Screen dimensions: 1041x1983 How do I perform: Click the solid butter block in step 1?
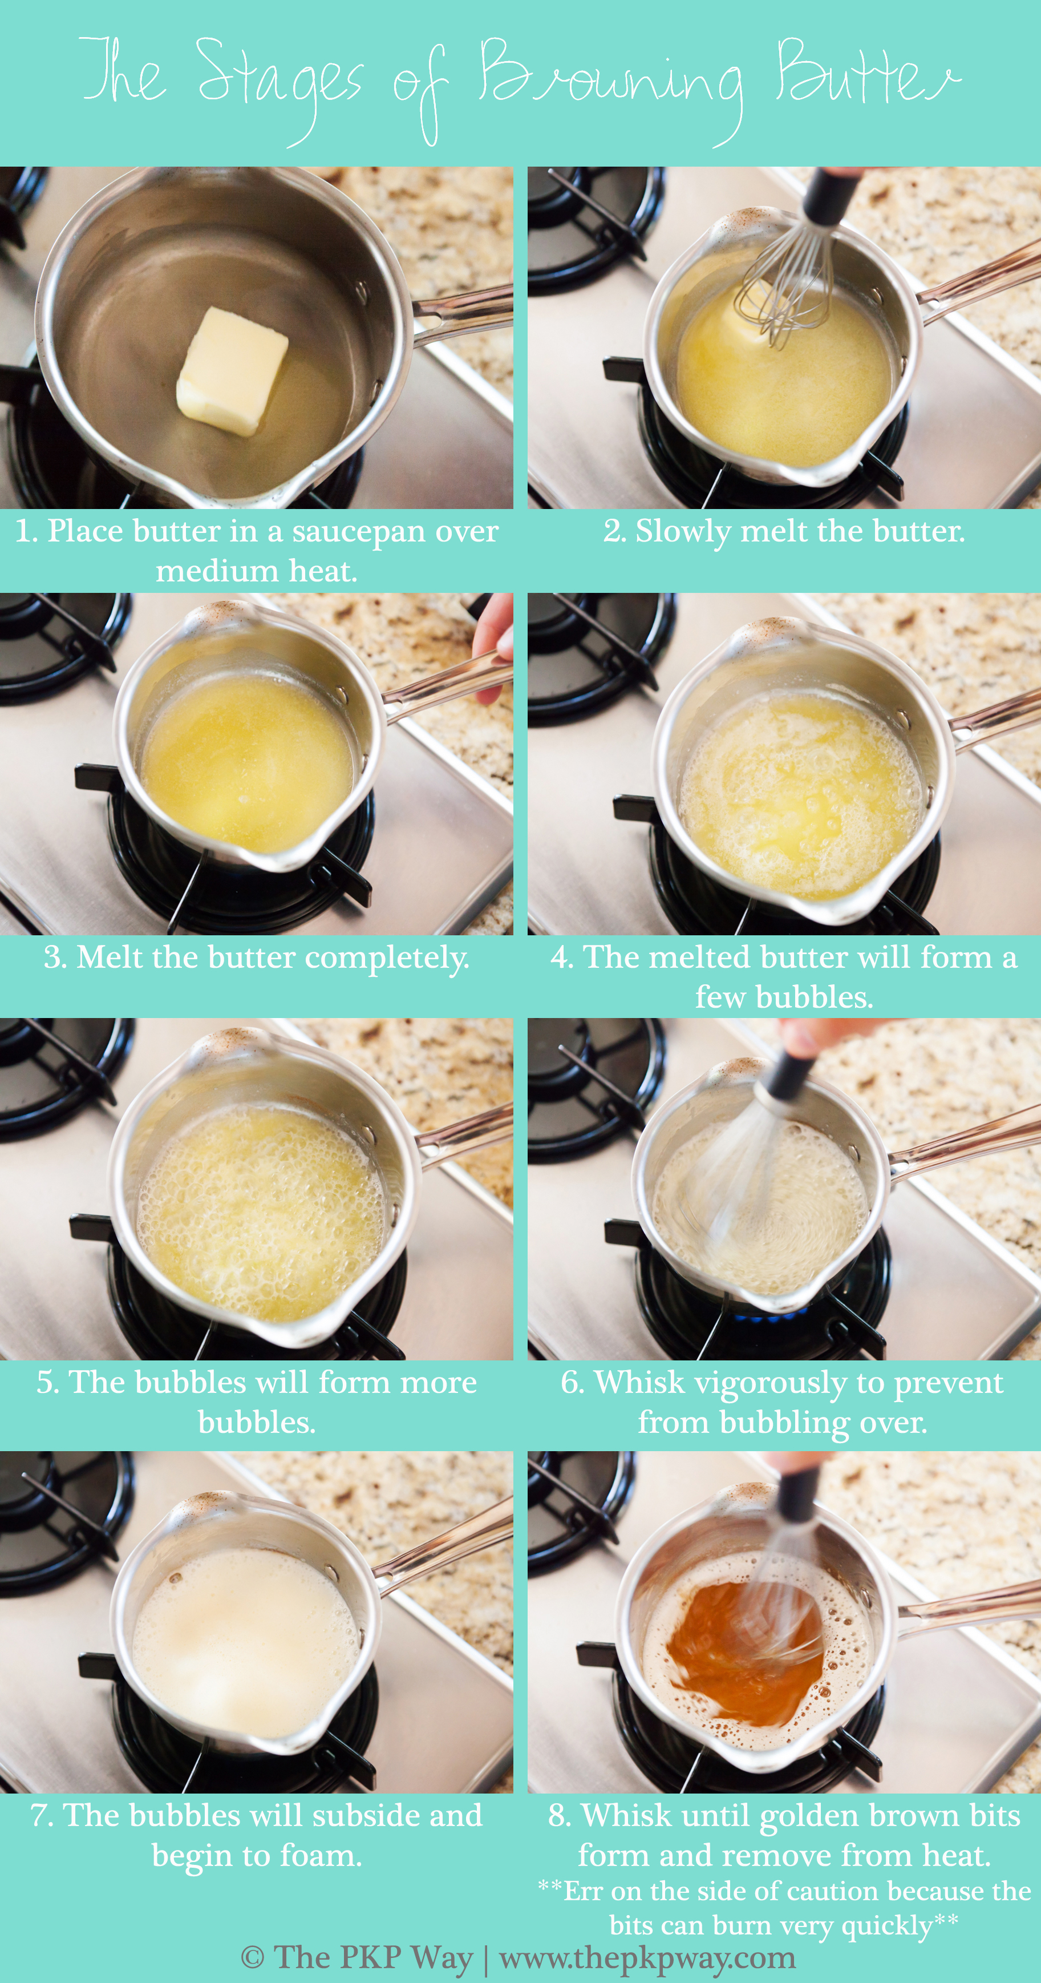[232, 371]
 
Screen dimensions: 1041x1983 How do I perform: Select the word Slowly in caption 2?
[682, 532]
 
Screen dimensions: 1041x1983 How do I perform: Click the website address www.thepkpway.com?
[647, 1957]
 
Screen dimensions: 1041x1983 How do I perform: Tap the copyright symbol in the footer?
[252, 1957]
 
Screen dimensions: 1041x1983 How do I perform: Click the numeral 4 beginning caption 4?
[560, 958]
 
